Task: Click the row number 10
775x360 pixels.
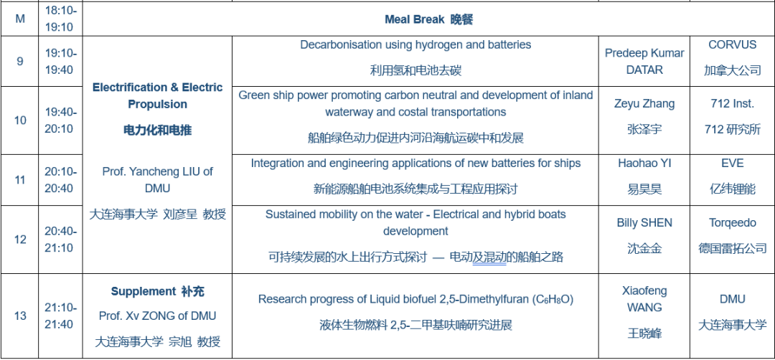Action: [20, 120]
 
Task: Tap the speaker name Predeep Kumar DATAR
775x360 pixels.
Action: [644, 61]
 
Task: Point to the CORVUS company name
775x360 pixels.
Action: [733, 44]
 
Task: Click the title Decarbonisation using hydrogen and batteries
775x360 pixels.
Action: [415, 44]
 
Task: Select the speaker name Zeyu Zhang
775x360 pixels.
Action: [644, 104]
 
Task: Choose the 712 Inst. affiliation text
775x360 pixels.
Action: [733, 104]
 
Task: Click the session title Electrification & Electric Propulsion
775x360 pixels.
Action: [158, 96]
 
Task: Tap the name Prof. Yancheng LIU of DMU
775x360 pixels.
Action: [158, 180]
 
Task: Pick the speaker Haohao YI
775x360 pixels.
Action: [644, 163]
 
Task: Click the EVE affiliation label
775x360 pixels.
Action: [733, 163]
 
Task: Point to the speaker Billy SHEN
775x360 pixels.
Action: [644, 223]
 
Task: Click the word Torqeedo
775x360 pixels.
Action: [733, 223]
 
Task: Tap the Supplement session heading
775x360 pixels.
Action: [157, 291]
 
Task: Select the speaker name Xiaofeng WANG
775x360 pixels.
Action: [644, 299]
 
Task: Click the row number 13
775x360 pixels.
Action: [20, 316]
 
